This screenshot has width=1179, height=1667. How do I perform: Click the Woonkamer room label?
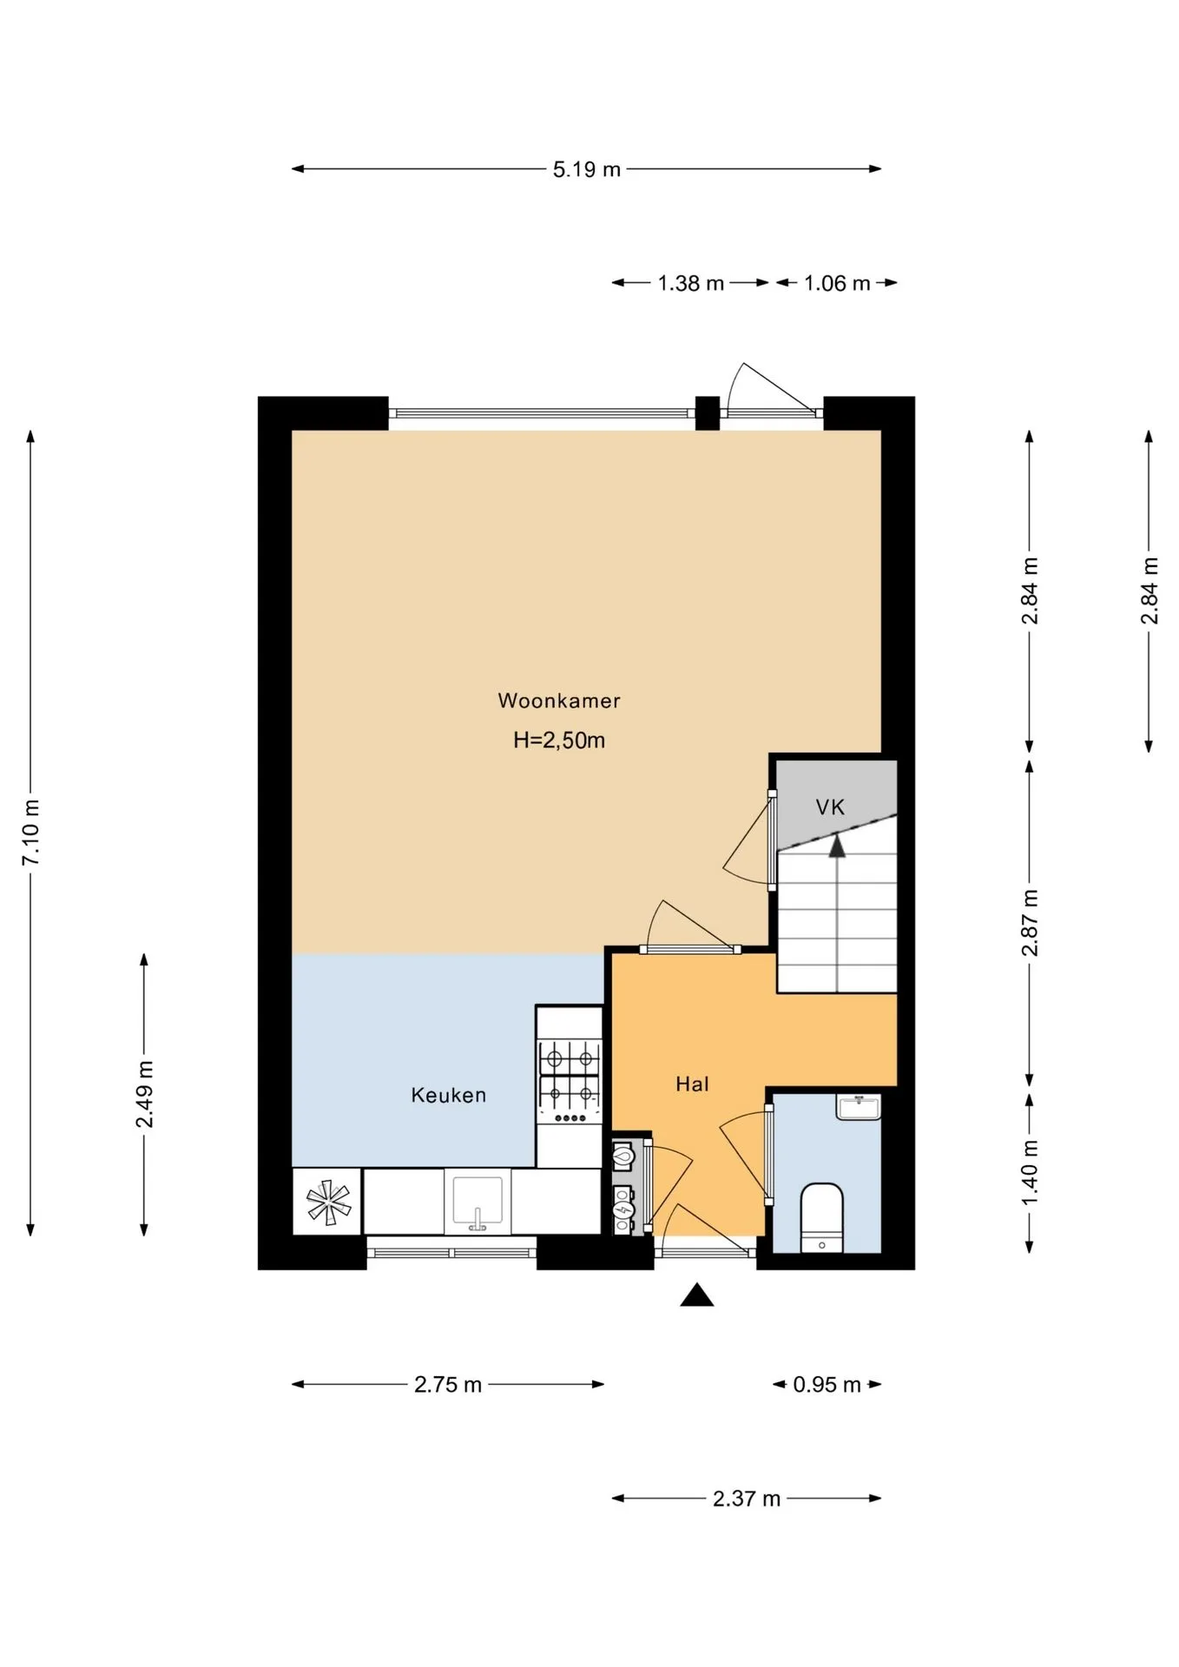point(559,701)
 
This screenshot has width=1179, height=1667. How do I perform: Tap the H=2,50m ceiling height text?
point(559,741)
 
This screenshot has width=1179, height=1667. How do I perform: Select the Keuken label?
point(448,1095)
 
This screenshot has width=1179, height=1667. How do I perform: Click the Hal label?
point(692,1084)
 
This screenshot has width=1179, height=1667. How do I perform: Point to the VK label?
point(830,807)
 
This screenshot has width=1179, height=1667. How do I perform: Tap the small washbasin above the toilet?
point(858,1107)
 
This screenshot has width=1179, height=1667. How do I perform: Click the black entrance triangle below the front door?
point(696,1295)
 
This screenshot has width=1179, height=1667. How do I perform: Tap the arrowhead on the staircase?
point(837,846)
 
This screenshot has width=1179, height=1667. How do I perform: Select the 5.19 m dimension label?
point(587,169)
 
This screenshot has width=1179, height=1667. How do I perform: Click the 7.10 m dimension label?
point(31,833)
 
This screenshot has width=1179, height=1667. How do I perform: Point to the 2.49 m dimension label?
point(144,1094)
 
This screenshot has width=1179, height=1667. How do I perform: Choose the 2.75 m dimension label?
point(448,1385)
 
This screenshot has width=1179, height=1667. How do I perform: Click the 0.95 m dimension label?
point(827,1385)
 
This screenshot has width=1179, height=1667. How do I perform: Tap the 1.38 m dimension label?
point(691,283)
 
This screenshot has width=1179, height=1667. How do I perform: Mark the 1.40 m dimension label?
point(1030,1172)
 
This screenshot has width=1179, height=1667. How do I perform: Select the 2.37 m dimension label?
point(747,1499)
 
